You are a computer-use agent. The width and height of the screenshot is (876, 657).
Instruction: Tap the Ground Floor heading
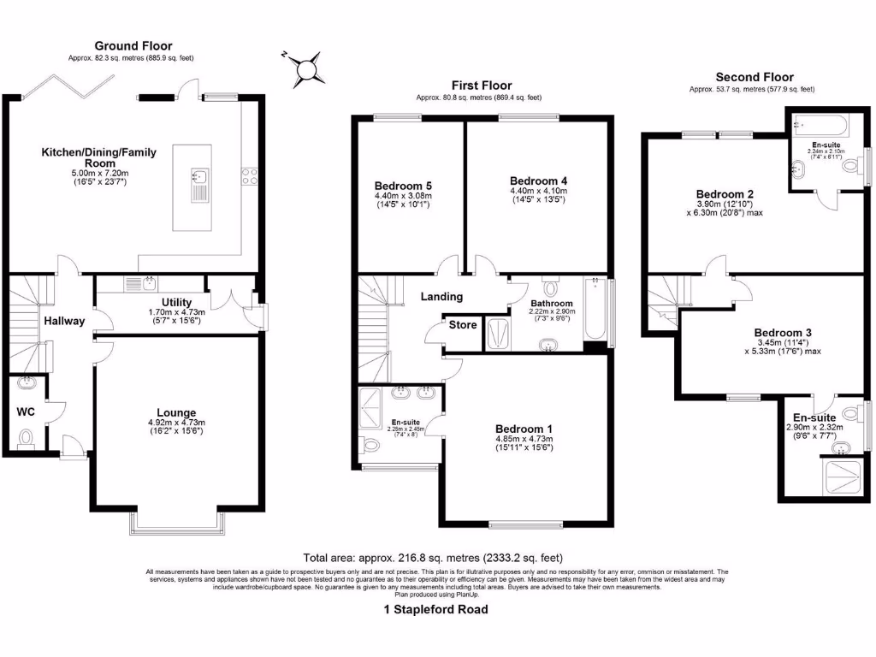133,46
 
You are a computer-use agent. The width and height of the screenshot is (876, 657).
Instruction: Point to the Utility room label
175,303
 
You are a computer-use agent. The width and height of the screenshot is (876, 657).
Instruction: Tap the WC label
26,411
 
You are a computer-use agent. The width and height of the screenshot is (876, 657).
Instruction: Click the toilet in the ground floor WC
26,440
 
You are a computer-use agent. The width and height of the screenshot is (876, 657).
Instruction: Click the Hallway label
66,321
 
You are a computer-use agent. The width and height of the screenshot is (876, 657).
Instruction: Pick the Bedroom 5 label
403,186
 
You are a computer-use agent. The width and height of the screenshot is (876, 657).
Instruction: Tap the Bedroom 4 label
538,181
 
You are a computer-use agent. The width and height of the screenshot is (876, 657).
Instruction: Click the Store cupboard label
463,325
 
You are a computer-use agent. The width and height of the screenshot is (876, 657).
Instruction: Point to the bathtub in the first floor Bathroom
595,310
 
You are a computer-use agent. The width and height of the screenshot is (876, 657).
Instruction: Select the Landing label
441,297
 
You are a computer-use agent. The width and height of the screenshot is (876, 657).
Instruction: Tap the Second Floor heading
754,77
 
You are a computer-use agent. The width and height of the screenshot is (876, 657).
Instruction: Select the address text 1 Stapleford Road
436,610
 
